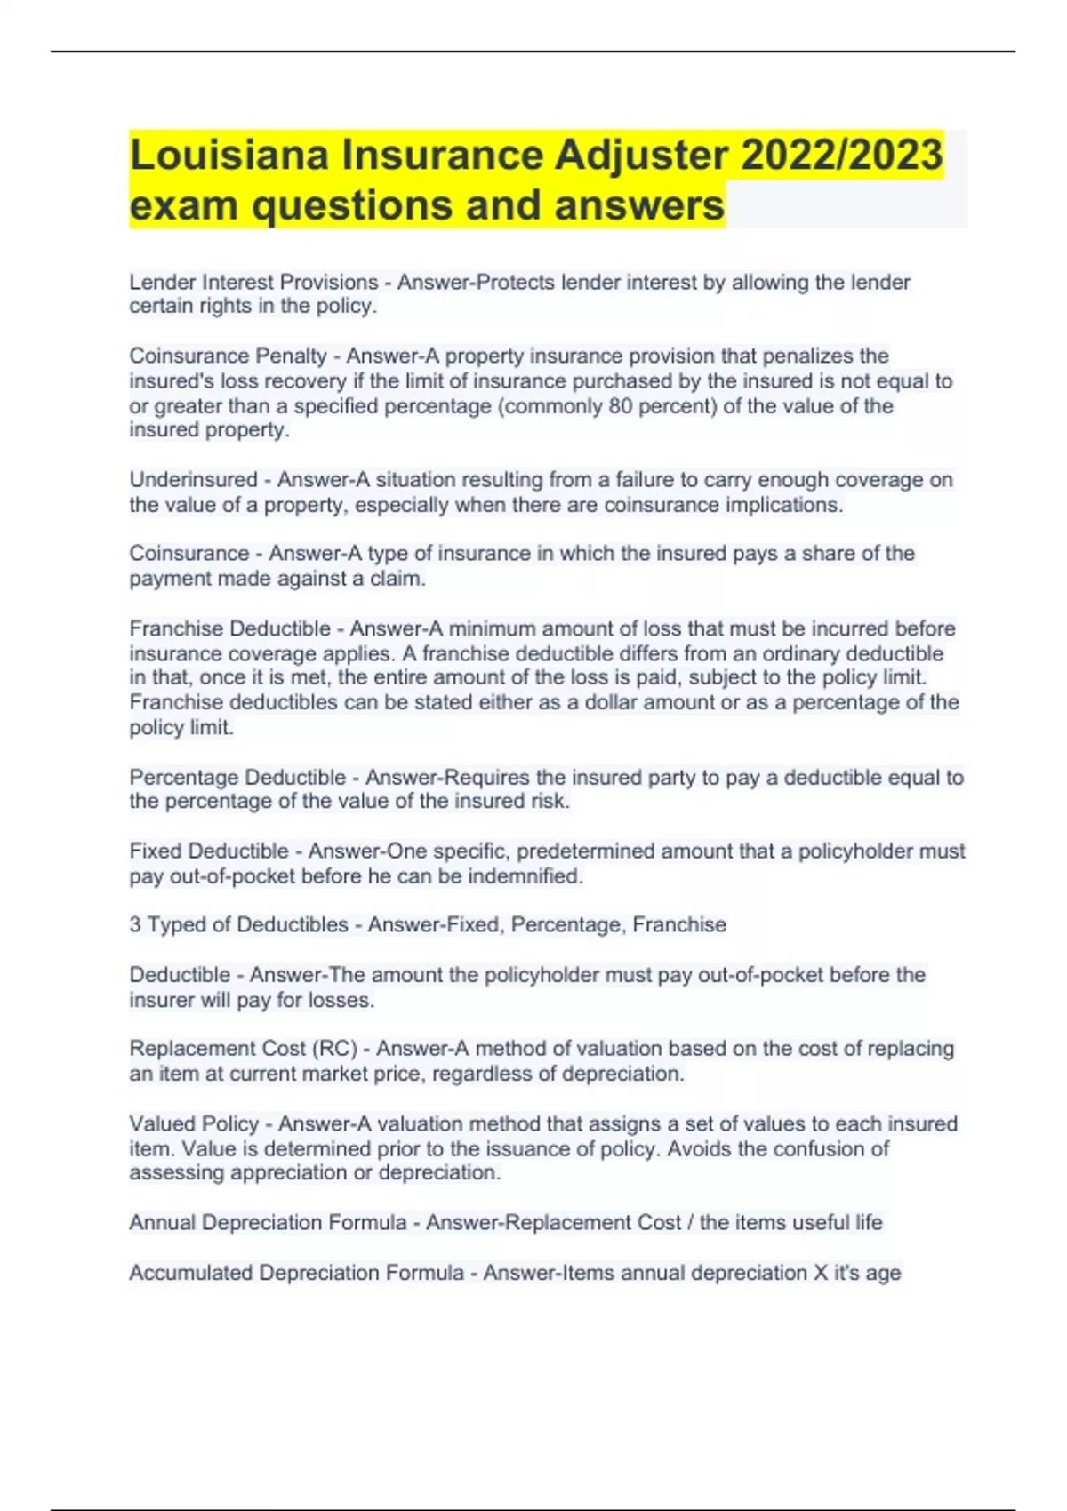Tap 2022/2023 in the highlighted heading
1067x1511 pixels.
[841, 155]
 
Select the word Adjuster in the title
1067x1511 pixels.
[640, 155]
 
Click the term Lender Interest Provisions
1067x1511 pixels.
[253, 283]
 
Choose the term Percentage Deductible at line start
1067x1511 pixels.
[237, 778]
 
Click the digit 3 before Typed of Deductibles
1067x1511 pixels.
[135, 925]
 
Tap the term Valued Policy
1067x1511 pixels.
[194, 1124]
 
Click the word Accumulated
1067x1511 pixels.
[190, 1273]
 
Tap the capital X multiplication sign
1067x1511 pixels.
[821, 1273]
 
